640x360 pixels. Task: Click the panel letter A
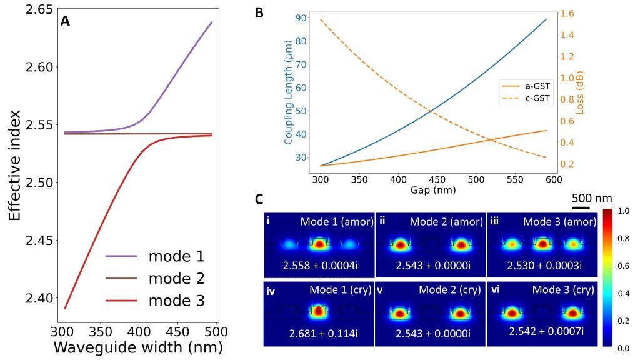65,21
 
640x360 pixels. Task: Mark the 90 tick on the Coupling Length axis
299,18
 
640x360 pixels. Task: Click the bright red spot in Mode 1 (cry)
319,310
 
